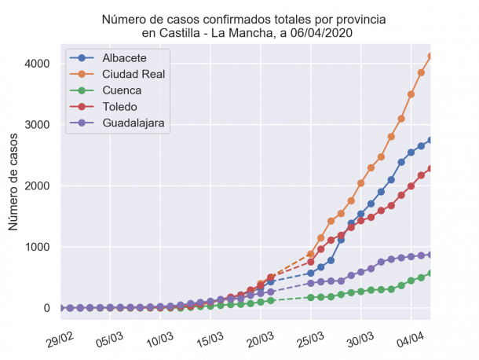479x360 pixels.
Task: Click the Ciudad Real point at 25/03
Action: [311, 254]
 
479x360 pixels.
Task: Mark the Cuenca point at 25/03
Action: [311, 297]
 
